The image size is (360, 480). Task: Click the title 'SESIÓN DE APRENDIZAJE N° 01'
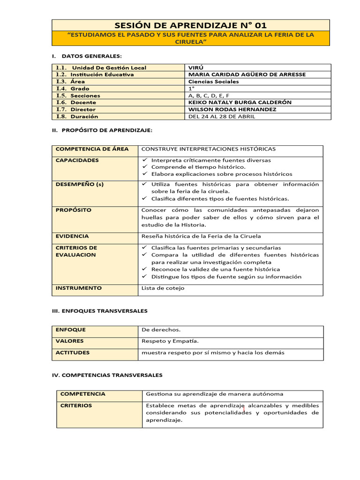(191, 25)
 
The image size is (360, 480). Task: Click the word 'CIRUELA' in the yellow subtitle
(191, 42)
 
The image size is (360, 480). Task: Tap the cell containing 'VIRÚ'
(196, 67)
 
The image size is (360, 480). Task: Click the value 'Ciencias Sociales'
(213, 82)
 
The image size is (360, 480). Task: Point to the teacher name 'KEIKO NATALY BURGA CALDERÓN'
(240, 102)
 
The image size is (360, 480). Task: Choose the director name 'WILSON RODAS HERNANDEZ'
(232, 109)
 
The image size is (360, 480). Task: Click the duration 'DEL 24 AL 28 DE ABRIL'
(221, 116)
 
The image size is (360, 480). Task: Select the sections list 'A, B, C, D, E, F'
(209, 95)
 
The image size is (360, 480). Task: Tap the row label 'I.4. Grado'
(73, 89)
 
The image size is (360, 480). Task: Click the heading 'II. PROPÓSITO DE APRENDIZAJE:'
(102, 130)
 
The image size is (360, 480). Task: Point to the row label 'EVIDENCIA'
(72, 236)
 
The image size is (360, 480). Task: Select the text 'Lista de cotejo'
(163, 288)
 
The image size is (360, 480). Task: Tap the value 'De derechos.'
(161, 330)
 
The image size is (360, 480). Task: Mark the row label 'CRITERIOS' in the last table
(76, 405)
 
